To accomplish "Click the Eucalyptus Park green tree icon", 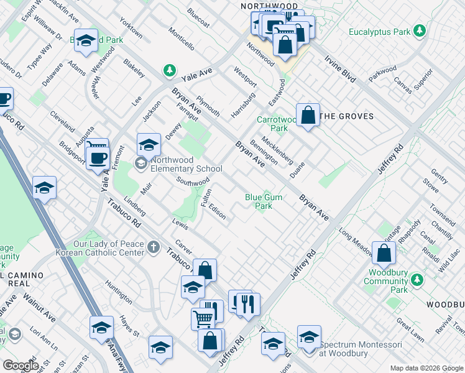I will click(420, 31).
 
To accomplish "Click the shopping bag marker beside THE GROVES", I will click(308, 115).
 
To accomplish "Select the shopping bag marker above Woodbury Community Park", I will click(385, 252).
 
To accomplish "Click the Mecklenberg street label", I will click(277, 150).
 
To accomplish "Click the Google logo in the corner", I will click(21, 365).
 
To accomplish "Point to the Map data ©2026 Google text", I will click(426, 368).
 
